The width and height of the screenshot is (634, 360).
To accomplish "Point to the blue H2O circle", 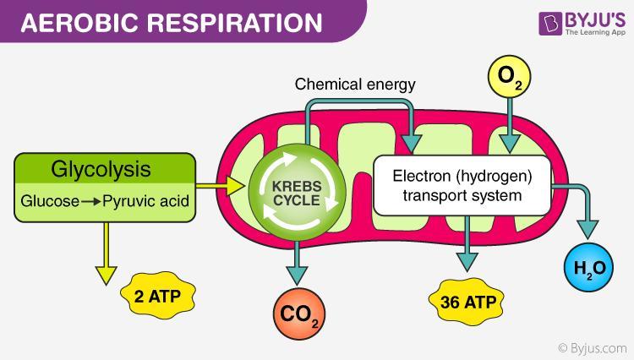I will click(x=586, y=270).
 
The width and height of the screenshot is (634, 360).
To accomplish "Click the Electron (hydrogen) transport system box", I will click(x=463, y=187).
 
